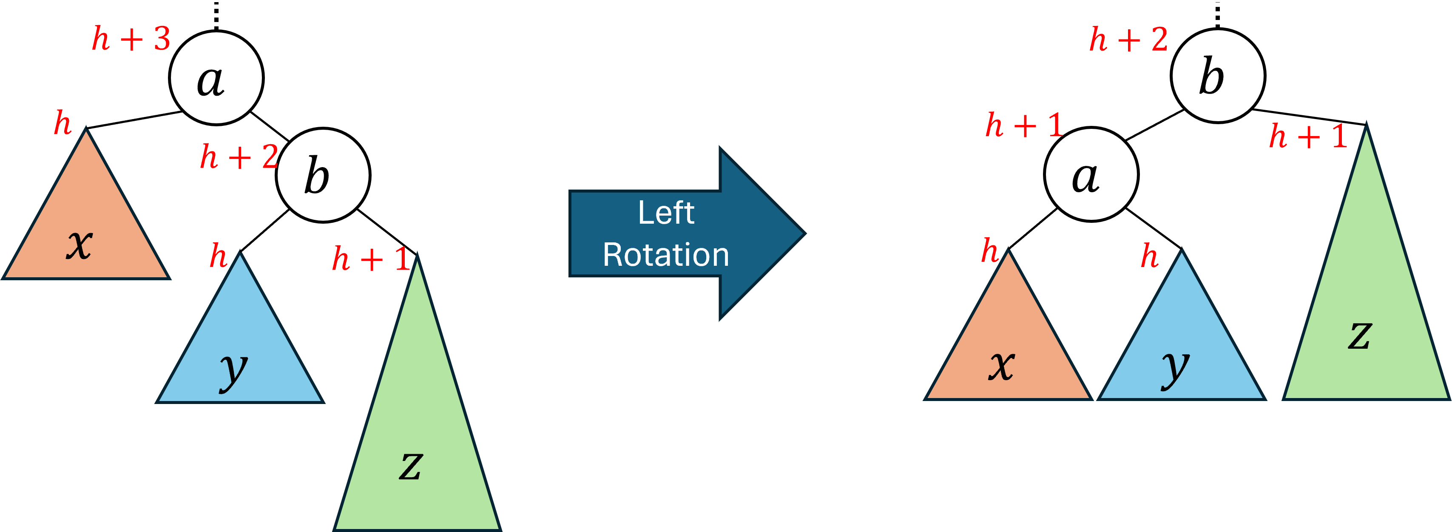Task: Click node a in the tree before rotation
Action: coord(216,78)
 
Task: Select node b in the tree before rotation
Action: coord(323,175)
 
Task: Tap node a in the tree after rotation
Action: coord(1091,174)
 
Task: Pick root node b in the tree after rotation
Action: coord(1218,76)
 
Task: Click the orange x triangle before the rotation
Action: coord(86,225)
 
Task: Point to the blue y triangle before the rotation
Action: coord(239,350)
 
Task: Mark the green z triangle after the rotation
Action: coord(1366,316)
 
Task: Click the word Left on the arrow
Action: coord(666,213)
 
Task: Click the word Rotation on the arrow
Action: coord(666,255)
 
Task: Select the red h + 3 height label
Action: coord(131,40)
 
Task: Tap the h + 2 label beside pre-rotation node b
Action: coord(239,156)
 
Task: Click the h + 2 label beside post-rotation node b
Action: coord(1128,40)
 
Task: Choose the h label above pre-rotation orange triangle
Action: coord(63,123)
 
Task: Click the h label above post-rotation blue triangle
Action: coord(1149,256)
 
